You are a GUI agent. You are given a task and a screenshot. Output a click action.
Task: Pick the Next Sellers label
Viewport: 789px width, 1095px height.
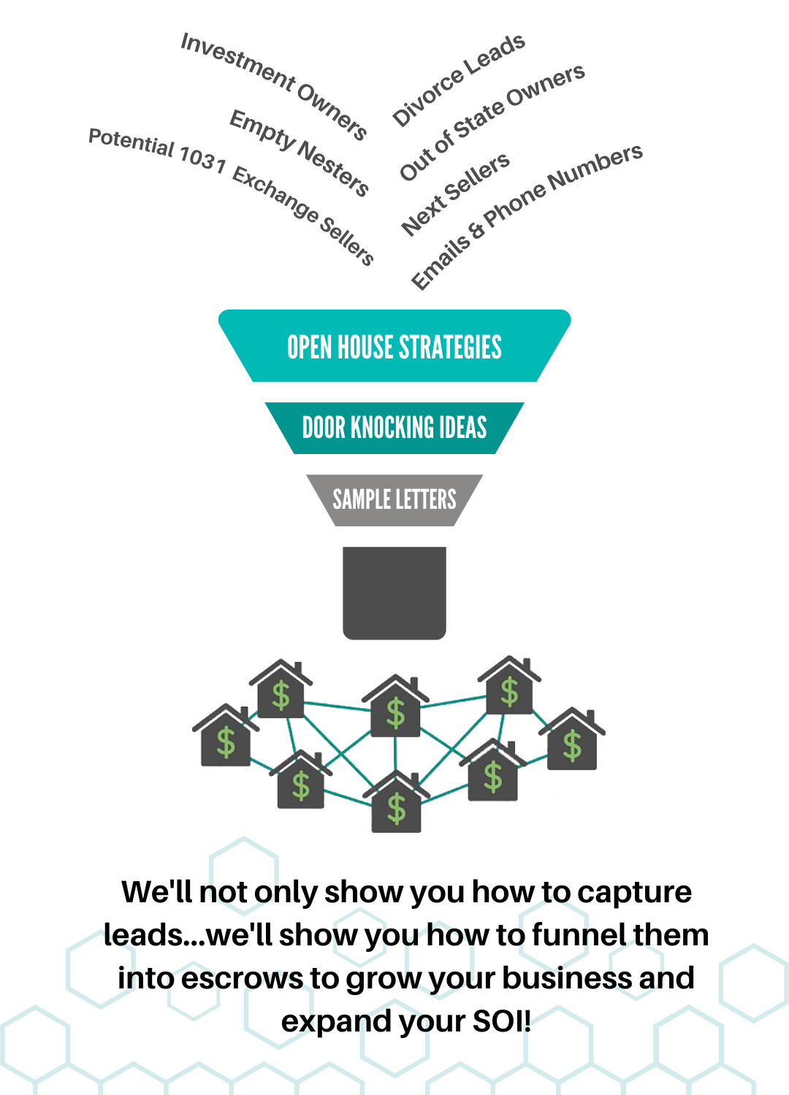(455, 194)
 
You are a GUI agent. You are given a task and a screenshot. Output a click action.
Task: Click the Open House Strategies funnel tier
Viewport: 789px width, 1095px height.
(394, 347)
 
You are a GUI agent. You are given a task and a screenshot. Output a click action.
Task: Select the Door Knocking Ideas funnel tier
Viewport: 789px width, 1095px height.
(394, 428)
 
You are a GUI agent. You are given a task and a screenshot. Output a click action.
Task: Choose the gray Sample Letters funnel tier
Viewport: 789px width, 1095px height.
(394, 500)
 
